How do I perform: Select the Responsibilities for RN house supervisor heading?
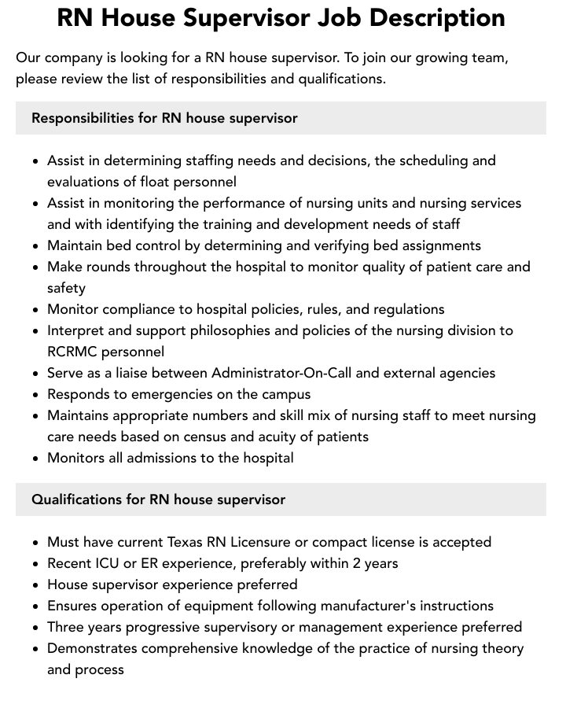pos(164,118)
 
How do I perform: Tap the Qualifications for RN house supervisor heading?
pos(158,499)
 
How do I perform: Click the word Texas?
pos(187,542)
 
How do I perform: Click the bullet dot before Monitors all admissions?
pos(35,459)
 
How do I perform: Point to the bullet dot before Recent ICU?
pos(35,564)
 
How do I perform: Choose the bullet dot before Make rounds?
pos(35,267)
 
